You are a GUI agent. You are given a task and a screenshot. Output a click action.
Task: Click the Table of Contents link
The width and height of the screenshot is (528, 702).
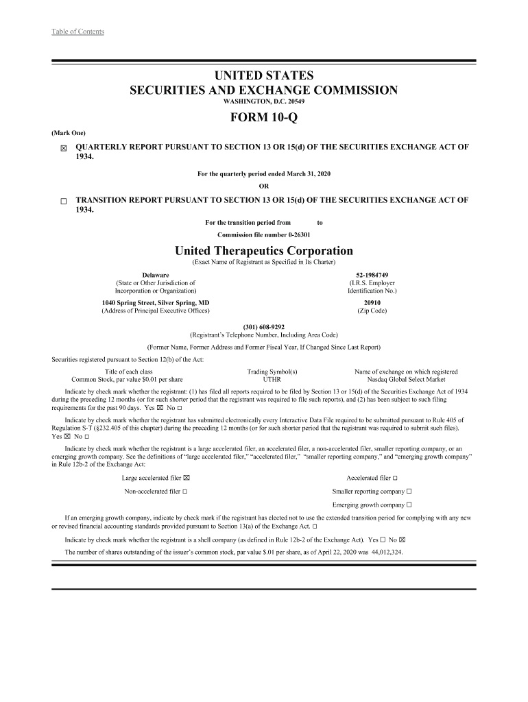pos(77,32)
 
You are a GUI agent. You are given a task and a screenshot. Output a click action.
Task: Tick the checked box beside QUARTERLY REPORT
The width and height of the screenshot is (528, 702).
pos(63,149)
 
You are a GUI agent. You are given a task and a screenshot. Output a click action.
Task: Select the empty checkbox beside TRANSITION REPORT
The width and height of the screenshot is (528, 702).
pos(63,202)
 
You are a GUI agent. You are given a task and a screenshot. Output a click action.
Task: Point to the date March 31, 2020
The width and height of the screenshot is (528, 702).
pos(305,174)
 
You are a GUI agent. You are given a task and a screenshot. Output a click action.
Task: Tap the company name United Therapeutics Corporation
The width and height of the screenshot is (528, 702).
pos(264,251)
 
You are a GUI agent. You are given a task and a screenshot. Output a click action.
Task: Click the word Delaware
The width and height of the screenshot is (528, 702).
pos(156,275)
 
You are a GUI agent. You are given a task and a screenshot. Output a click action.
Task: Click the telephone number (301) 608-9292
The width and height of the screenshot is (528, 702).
pos(264,327)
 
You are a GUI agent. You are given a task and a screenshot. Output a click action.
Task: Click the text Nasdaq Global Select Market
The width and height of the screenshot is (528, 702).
pos(406,379)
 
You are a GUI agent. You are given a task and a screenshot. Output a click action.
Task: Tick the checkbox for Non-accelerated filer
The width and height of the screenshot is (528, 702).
pos(185,492)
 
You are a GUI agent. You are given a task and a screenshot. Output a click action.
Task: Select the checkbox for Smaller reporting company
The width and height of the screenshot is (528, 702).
pos(409,492)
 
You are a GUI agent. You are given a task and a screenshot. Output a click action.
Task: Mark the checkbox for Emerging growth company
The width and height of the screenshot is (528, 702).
pos(409,505)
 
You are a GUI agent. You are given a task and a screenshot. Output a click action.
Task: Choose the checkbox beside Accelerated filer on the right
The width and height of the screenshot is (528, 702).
pos(395,478)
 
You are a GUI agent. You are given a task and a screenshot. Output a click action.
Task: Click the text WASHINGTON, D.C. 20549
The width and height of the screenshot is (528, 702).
pos(264,101)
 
